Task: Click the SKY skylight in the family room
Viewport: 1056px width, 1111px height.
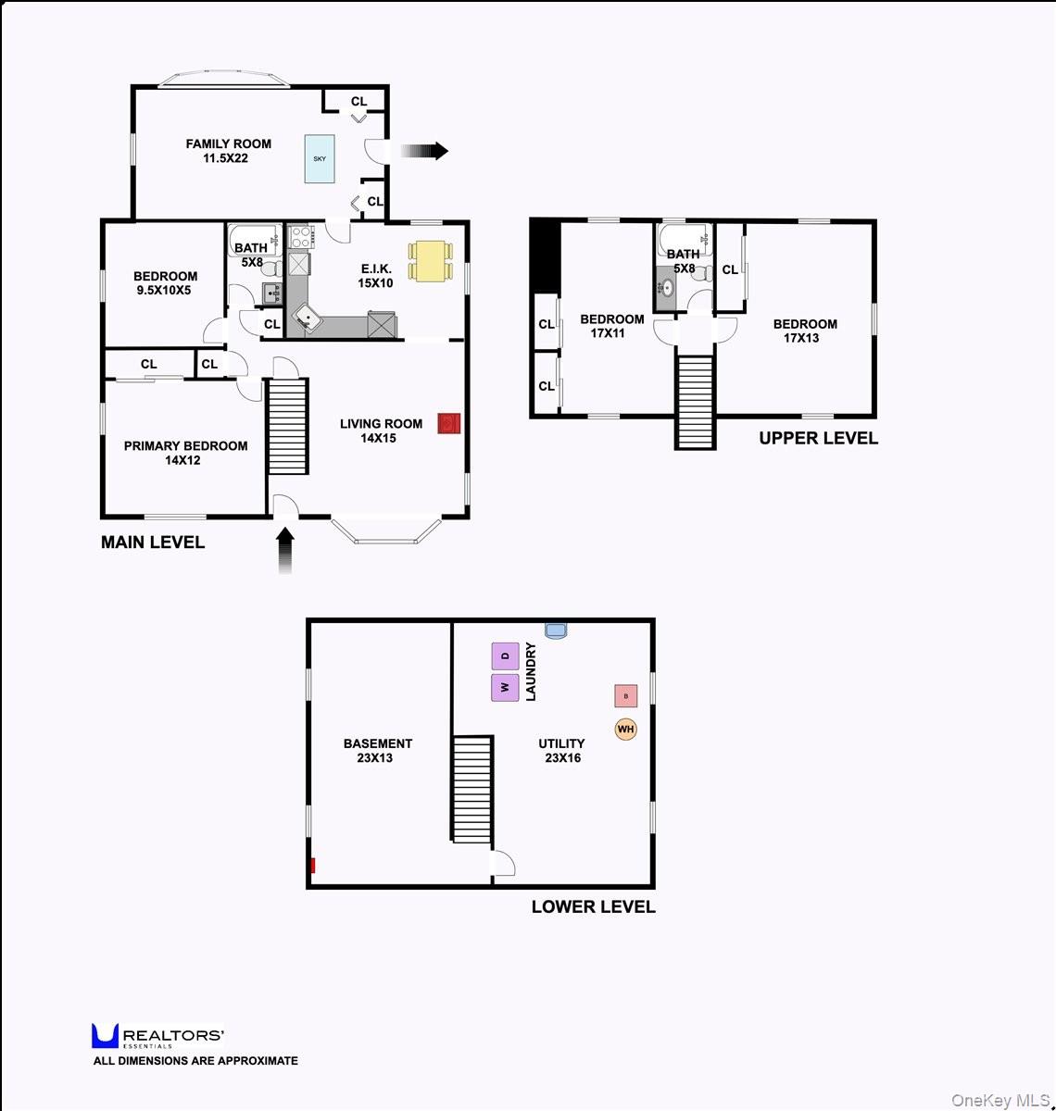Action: tap(319, 159)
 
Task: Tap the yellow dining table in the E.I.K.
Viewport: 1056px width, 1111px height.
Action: tap(431, 260)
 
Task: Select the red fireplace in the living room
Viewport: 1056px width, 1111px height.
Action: tap(449, 423)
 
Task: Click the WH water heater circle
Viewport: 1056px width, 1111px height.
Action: tap(625, 729)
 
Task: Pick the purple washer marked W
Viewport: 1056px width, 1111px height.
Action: tap(505, 688)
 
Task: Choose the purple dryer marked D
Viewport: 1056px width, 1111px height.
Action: tap(505, 656)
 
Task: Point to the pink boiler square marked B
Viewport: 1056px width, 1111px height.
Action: tap(626, 696)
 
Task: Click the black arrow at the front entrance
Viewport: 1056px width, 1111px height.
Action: tap(285, 551)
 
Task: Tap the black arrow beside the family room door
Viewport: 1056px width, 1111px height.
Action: tap(424, 151)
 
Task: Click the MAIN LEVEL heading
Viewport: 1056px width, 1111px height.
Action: tap(153, 543)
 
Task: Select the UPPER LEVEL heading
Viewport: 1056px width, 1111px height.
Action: tap(819, 438)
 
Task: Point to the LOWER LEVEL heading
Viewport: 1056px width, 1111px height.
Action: tap(594, 907)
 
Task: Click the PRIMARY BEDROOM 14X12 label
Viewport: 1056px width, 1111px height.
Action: tap(185, 453)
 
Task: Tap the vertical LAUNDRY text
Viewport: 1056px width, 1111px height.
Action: tap(531, 671)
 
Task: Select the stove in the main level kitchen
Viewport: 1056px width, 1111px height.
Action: tap(300, 236)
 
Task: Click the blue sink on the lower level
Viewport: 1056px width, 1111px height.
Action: tap(555, 630)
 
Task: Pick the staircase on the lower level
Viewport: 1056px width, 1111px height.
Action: tap(472, 789)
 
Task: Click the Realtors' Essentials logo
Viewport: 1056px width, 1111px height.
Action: tap(157, 1036)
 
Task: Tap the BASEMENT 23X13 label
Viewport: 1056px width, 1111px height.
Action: tap(377, 751)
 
